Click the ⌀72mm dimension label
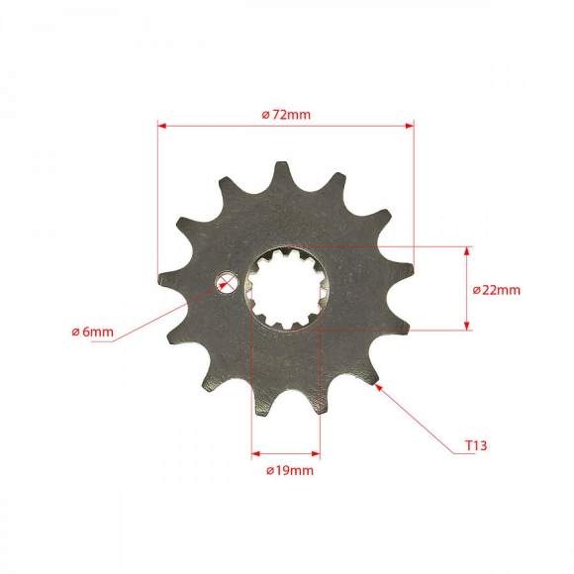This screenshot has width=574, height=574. point(286,114)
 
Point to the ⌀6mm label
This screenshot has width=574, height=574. point(92,332)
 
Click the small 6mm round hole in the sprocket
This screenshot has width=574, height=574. point(227,285)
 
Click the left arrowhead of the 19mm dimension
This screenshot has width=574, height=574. point(256,455)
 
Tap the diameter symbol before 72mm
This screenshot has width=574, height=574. point(266,115)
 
